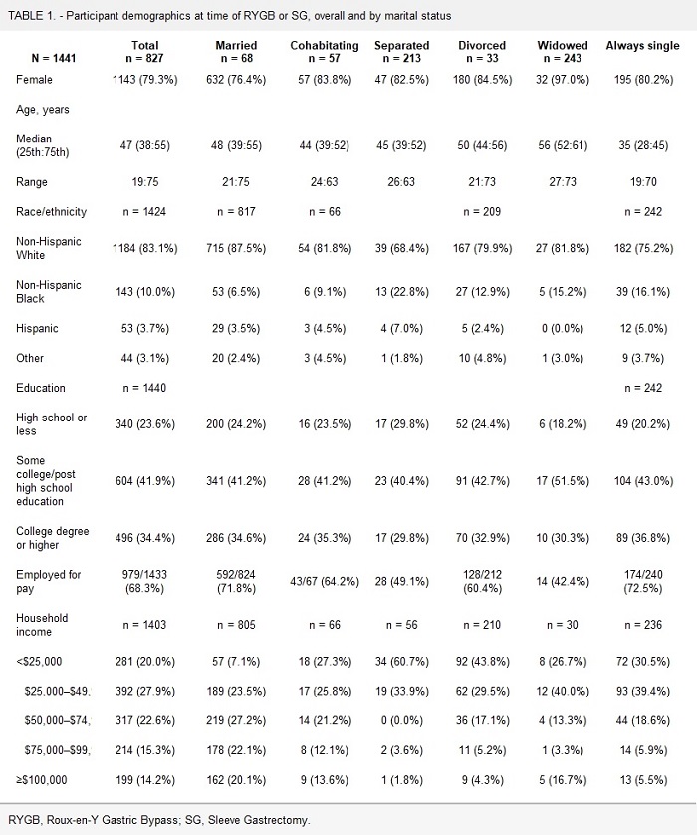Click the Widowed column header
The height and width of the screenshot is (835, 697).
pos(562,52)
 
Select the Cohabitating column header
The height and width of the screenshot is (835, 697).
pos(319,52)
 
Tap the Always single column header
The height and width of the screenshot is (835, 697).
pos(642,46)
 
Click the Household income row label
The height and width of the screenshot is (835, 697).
pos(42,625)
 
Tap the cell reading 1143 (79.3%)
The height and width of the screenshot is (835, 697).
pos(146,78)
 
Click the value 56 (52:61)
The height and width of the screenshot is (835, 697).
pos(562,145)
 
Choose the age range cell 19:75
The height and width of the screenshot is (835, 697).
pos(146,183)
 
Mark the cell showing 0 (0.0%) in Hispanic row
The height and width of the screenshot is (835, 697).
pos(562,328)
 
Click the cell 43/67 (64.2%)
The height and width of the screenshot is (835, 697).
pos(319,582)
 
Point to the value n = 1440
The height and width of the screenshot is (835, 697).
pos(146,388)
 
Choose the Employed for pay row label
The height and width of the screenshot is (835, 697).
pos(49,582)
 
